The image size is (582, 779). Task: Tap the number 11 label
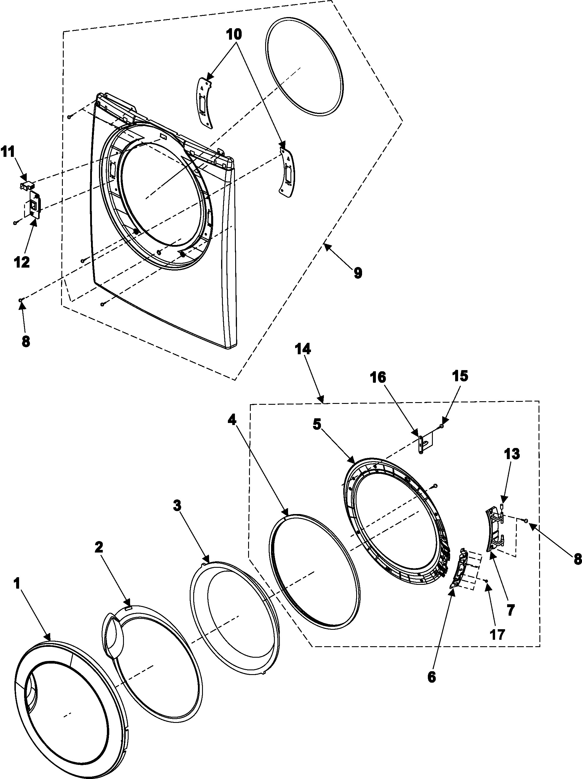click(x=9, y=152)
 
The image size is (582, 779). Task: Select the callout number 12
click(x=21, y=262)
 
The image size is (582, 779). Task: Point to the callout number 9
click(x=358, y=273)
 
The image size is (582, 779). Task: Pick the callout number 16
click(x=378, y=377)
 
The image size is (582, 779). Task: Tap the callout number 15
click(x=460, y=376)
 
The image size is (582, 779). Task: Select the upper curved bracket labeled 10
click(x=205, y=102)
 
